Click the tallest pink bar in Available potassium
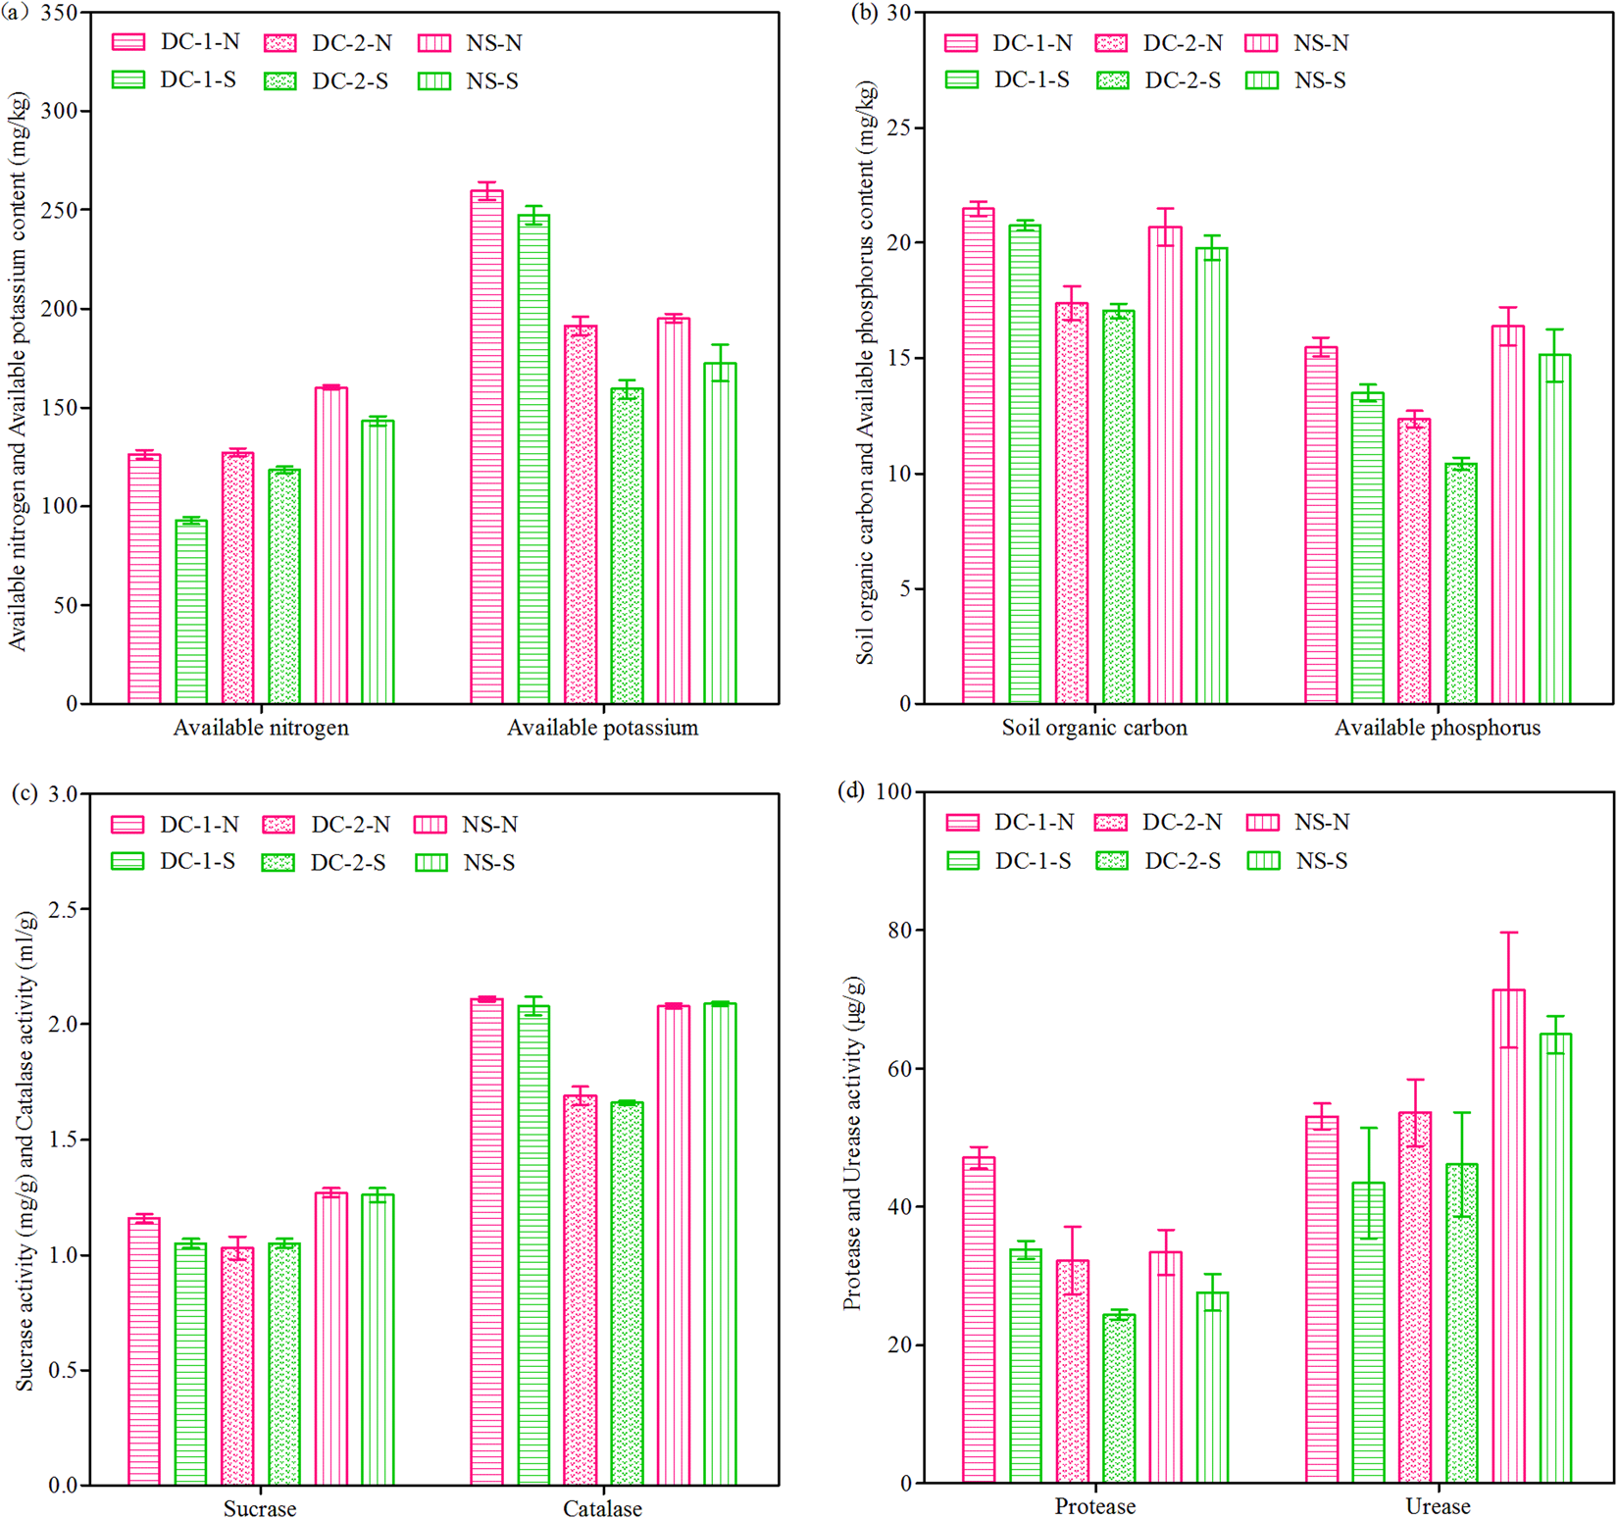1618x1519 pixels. [487, 446]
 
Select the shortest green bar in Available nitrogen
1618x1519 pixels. [191, 612]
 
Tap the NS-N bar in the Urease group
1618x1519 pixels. [1508, 1236]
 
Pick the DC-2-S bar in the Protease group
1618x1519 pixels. [1119, 1398]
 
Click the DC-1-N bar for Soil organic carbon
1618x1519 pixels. [978, 456]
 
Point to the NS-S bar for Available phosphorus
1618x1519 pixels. [1554, 530]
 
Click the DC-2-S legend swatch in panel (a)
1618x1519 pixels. [280, 81]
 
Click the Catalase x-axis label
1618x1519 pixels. [602, 1508]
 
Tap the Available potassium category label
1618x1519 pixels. [602, 728]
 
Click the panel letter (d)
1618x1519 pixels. [850, 790]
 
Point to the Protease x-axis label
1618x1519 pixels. [1094, 1506]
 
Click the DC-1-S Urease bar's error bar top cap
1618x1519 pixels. [1369, 1128]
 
